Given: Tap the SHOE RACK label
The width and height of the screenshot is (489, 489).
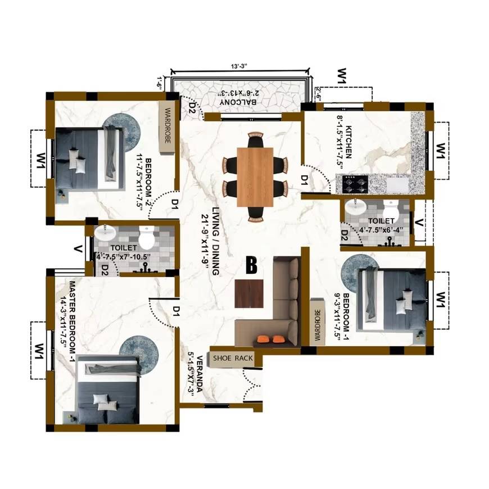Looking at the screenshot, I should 232,358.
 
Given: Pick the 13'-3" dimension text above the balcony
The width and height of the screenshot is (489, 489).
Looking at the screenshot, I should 239,66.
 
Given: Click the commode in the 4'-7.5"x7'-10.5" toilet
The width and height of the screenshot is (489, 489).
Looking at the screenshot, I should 147,238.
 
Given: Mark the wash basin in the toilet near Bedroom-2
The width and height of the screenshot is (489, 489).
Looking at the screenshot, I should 105,233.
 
